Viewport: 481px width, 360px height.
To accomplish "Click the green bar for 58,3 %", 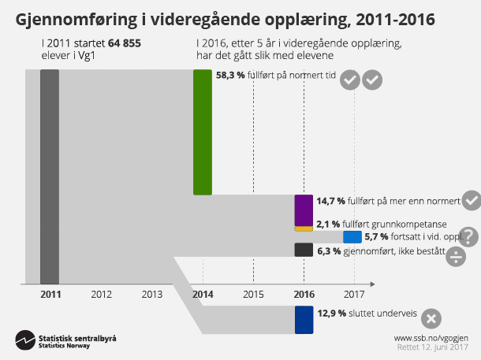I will tap(203, 132).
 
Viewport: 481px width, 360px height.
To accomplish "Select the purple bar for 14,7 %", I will tap(304, 210).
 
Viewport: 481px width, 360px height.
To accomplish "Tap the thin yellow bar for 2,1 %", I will tap(304, 228).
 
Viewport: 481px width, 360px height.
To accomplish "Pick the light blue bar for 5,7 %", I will tap(352, 236).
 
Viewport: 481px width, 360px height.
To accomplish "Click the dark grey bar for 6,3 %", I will tap(304, 250).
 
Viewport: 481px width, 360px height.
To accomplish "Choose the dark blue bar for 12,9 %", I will tap(304, 321).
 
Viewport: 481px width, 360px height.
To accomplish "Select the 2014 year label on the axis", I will tap(203, 295).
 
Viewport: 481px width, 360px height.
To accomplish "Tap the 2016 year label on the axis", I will tap(304, 295).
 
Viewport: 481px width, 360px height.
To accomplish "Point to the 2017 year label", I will tap(354, 295).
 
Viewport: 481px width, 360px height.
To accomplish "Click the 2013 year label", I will tap(151, 295).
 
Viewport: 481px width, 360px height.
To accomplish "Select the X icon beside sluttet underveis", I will tap(431, 319).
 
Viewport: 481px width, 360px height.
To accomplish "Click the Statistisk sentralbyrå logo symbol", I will tap(24, 341).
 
